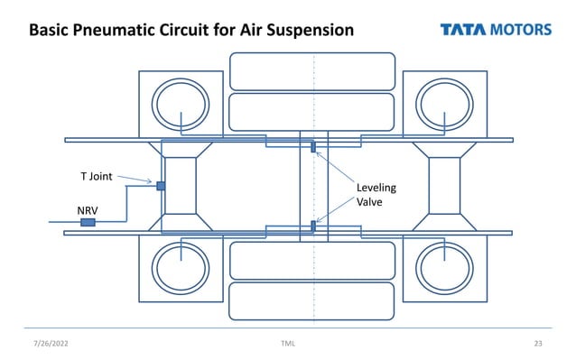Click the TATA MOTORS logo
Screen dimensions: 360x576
(495, 30)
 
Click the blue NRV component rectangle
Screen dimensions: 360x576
(88, 222)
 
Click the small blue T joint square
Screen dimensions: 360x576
(161, 186)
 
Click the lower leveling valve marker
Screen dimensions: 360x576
(312, 225)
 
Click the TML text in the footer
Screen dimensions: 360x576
(288, 344)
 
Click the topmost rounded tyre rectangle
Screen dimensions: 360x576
(312, 70)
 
